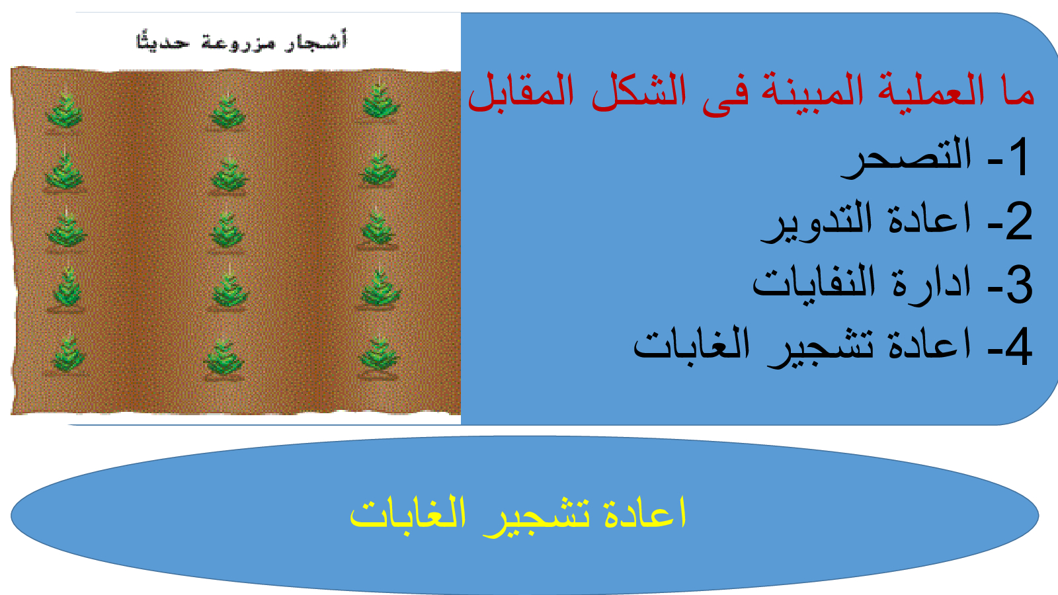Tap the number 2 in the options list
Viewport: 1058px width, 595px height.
coord(1019,221)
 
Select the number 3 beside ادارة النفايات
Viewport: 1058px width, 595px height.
coord(1019,285)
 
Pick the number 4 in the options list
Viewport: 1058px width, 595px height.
coord(1018,346)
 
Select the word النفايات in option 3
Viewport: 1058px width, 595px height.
coord(813,285)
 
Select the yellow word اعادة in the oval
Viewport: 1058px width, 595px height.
coord(645,514)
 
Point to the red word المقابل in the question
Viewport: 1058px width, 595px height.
coord(521,91)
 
